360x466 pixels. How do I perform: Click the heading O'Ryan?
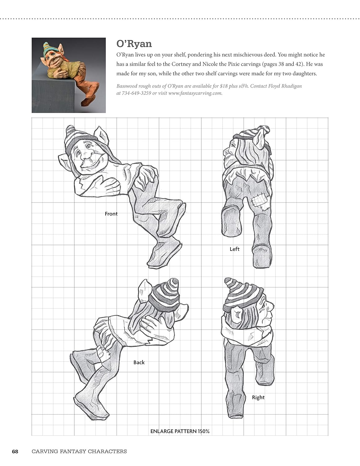[134, 44]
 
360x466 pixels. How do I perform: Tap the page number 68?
[15, 451]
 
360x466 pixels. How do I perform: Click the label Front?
[111, 214]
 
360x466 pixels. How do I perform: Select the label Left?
[234, 249]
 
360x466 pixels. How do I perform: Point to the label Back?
[139, 362]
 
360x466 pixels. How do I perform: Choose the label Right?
[258, 397]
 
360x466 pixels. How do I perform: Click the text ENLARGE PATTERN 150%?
[180, 431]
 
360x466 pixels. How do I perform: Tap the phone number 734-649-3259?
[136, 93]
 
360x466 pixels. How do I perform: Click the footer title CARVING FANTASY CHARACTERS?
[79, 451]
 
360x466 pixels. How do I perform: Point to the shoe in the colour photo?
[89, 100]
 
